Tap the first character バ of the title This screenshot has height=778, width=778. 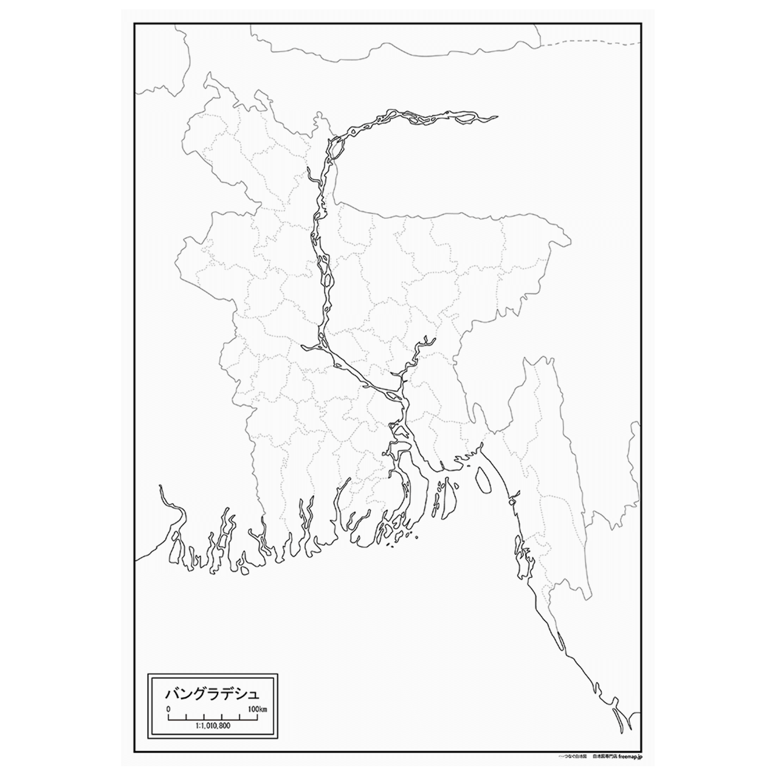tap(173, 693)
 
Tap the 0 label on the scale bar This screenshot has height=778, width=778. tap(168, 709)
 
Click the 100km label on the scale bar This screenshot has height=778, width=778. tap(258, 709)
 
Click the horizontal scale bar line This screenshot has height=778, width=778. tap(213, 717)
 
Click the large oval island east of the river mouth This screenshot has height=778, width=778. tap(483, 480)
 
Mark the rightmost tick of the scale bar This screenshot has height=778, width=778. tap(258, 718)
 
